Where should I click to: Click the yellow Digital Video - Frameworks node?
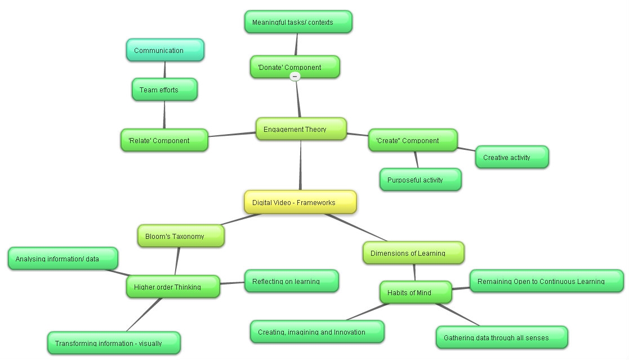coord(300,202)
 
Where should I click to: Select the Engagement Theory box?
coord(300,129)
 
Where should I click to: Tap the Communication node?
coord(164,50)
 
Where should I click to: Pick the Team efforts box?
coord(164,90)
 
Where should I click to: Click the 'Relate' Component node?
coord(164,140)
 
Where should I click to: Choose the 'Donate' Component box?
coord(295,67)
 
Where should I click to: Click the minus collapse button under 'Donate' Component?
coord(295,77)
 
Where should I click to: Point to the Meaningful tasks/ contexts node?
coord(298,22)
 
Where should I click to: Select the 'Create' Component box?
coord(412,140)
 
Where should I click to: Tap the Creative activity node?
coord(512,157)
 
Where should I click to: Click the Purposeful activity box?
coord(420,180)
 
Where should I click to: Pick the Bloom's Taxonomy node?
coord(181,236)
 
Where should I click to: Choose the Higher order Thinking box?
coord(172,287)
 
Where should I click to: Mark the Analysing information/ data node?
coord(63,259)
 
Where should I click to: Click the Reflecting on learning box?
coord(291,281)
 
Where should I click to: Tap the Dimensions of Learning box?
coord(413,253)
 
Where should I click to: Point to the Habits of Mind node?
coord(415,292)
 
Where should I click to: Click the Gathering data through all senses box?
coord(501,337)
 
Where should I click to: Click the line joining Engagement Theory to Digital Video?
coord(300,166)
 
